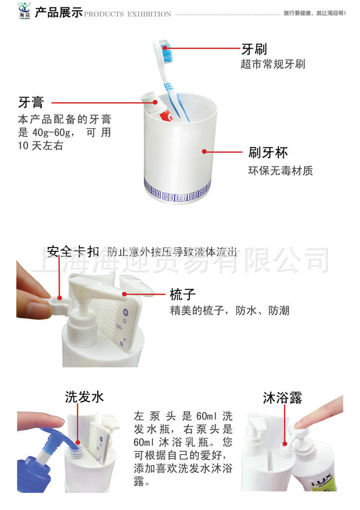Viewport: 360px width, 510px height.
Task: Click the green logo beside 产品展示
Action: click(x=24, y=11)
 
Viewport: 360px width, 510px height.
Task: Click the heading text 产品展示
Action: click(x=59, y=12)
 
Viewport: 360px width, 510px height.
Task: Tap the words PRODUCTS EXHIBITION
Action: click(x=127, y=14)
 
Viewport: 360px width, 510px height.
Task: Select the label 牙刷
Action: click(x=254, y=49)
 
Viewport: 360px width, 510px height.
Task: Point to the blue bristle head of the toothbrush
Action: click(x=166, y=51)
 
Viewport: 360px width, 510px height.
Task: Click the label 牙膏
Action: click(x=31, y=103)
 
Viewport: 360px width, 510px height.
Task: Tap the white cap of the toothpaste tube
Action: click(x=149, y=98)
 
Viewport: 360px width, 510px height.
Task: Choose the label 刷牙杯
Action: click(x=268, y=152)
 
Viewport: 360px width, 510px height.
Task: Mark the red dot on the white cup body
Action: click(x=204, y=151)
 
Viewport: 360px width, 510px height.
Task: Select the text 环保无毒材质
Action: click(x=280, y=170)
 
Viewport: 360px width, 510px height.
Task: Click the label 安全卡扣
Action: click(x=73, y=252)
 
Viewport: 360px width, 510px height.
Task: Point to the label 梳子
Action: click(x=183, y=294)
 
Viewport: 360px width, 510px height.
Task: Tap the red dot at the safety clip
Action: click(x=60, y=298)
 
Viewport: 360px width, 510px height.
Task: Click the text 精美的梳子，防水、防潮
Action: click(x=230, y=311)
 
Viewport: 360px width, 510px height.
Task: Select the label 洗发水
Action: click(x=84, y=397)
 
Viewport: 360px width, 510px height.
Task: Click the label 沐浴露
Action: click(x=282, y=397)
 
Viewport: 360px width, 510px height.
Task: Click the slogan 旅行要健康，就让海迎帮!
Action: click(x=315, y=13)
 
